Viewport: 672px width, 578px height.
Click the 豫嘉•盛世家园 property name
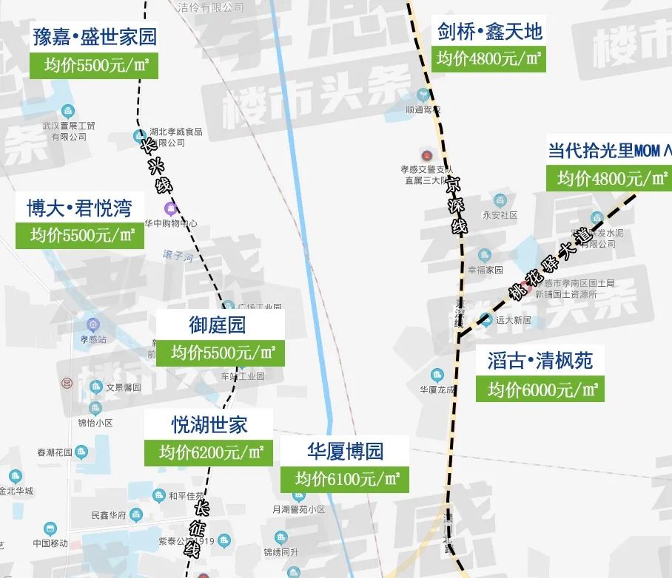pyautogui.click(x=95, y=36)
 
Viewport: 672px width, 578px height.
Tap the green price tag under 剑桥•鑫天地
pyautogui.click(x=488, y=58)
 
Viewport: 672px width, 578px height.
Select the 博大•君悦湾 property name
pyautogui.click(x=79, y=208)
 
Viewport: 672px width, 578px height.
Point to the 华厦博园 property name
pyautogui.click(x=345, y=451)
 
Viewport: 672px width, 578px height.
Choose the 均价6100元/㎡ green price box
pyautogui.click(x=345, y=478)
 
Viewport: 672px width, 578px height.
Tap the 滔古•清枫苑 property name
pyautogui.click(x=540, y=361)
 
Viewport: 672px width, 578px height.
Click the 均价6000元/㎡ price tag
pyautogui.click(x=540, y=389)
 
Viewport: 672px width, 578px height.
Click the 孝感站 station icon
pyautogui.click(x=93, y=324)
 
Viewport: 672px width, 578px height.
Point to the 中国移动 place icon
pyautogui.click(x=50, y=528)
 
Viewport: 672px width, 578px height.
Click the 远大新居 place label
pyautogui.click(x=514, y=320)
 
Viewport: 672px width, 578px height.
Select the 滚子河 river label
pyautogui.click(x=178, y=256)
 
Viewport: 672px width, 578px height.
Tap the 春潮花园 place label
pyautogui.click(x=54, y=452)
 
